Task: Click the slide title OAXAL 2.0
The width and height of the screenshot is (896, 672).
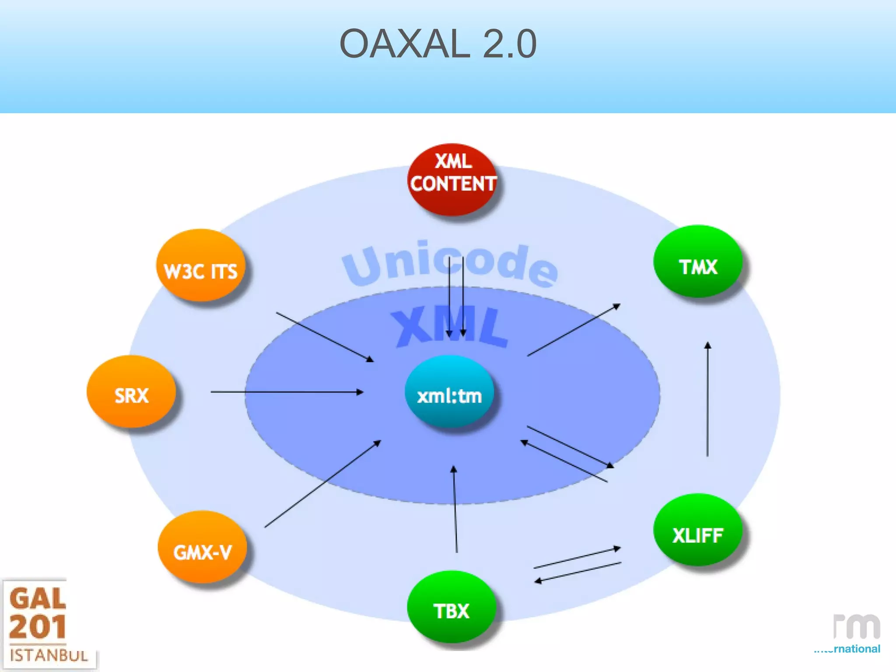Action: point(438,43)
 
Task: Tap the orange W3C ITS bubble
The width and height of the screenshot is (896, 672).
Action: point(200,266)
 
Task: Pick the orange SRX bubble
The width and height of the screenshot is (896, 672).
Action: point(131,391)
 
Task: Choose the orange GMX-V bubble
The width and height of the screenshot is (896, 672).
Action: point(202,547)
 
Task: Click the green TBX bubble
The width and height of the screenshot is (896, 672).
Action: point(451,607)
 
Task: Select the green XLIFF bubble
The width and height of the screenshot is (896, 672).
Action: point(697,530)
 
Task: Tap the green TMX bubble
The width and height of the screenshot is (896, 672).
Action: point(698,262)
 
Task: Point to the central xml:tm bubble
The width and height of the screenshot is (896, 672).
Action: point(449,391)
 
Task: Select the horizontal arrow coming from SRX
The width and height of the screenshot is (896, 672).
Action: point(287,392)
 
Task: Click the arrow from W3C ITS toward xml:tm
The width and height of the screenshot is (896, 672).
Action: point(325,337)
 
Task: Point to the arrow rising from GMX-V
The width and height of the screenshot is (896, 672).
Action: point(322,484)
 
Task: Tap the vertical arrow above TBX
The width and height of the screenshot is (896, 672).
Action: point(455,509)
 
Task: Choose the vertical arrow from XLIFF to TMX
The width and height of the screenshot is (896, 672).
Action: point(707,399)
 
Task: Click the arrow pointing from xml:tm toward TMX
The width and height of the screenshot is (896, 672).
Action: point(574,330)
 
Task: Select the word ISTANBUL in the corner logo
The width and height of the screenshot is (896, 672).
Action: point(49,655)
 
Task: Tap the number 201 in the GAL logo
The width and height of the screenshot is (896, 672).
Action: point(38,627)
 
